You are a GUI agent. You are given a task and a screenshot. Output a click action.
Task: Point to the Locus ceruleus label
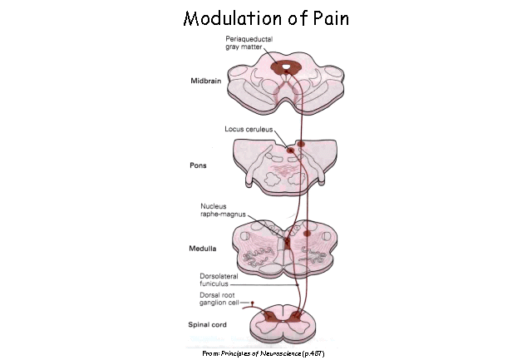tap(247, 129)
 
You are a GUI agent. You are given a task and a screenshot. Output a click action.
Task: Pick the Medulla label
tap(205, 246)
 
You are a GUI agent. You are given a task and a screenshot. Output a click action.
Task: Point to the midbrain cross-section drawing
tap(287, 86)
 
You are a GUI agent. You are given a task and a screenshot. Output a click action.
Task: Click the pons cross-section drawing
tap(287, 166)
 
